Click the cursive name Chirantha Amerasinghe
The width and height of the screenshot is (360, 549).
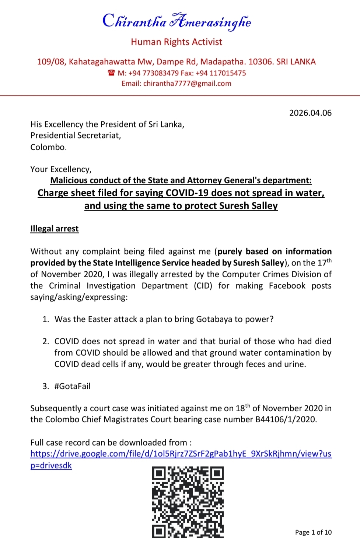176,21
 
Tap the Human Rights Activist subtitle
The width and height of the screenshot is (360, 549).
176,42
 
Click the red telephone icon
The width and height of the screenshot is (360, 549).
111,73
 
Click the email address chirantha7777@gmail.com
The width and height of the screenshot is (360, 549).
187,84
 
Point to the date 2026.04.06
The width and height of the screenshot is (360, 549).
310,113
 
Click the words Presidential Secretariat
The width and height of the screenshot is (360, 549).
75,136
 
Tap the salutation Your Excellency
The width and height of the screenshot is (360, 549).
60,169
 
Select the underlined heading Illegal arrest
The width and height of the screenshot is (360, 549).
54,229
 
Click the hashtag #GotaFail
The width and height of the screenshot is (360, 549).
72,386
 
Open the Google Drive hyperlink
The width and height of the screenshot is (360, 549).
181,454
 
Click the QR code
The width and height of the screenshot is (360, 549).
188,502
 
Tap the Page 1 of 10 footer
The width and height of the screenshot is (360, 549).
313,532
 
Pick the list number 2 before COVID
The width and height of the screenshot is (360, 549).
45,341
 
